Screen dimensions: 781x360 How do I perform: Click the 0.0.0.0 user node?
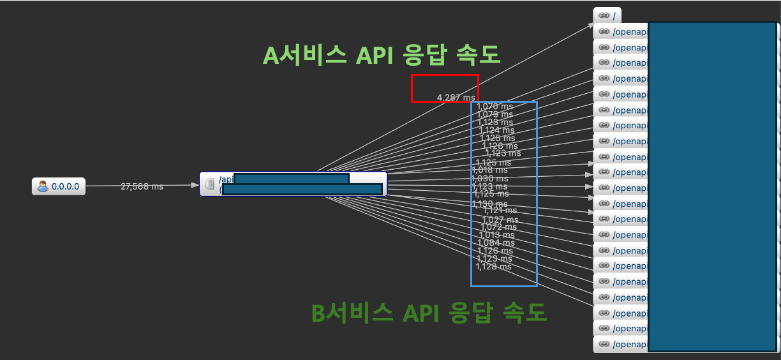click(59, 187)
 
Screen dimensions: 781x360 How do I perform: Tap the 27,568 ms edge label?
click(142, 186)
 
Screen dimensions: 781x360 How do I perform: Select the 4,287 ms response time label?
click(456, 98)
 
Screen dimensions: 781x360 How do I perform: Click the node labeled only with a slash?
click(607, 15)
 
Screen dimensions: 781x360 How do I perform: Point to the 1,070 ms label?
click(495, 106)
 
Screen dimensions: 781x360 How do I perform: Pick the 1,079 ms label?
click(495, 114)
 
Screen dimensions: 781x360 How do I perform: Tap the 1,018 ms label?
click(489, 170)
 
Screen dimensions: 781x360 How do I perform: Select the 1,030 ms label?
click(489, 179)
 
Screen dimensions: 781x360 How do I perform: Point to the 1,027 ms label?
click(500, 220)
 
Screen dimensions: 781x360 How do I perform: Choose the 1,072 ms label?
click(498, 227)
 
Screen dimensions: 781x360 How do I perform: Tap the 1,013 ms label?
click(496, 235)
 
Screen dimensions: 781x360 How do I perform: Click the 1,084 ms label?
click(496, 243)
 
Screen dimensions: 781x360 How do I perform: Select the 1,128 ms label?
click(494, 267)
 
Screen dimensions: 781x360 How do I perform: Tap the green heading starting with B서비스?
click(429, 313)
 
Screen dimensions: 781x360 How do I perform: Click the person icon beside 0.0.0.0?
click(43, 187)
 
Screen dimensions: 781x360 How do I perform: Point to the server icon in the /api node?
click(209, 184)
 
